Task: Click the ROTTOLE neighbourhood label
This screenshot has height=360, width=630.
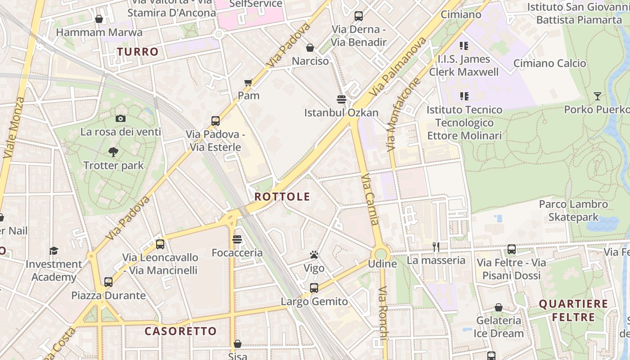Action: tap(282, 197)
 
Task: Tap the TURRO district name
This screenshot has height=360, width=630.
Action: tap(138, 52)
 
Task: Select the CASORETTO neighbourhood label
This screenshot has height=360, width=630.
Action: tap(180, 331)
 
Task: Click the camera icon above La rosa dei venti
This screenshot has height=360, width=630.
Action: tap(120, 119)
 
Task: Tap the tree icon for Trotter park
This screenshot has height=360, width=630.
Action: tap(113, 152)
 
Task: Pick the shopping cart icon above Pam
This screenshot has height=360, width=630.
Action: tap(248, 82)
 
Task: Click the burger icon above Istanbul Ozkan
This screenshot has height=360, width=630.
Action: tap(341, 99)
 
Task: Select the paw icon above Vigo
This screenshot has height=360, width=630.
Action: tap(314, 255)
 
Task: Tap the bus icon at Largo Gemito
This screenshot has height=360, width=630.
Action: tap(314, 288)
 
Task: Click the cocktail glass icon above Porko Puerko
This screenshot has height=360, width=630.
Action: tap(597, 96)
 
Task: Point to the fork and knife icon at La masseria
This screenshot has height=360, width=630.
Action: tap(436, 247)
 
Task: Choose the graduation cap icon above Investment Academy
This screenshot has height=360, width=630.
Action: tap(54, 251)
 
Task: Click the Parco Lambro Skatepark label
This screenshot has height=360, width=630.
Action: tap(573, 211)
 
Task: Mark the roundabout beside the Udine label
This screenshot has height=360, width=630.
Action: tap(381, 254)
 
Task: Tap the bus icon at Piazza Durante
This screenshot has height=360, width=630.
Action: tap(108, 282)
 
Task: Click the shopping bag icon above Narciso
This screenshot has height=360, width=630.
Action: tap(310, 48)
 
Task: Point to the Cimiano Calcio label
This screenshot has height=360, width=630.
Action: tap(549, 63)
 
